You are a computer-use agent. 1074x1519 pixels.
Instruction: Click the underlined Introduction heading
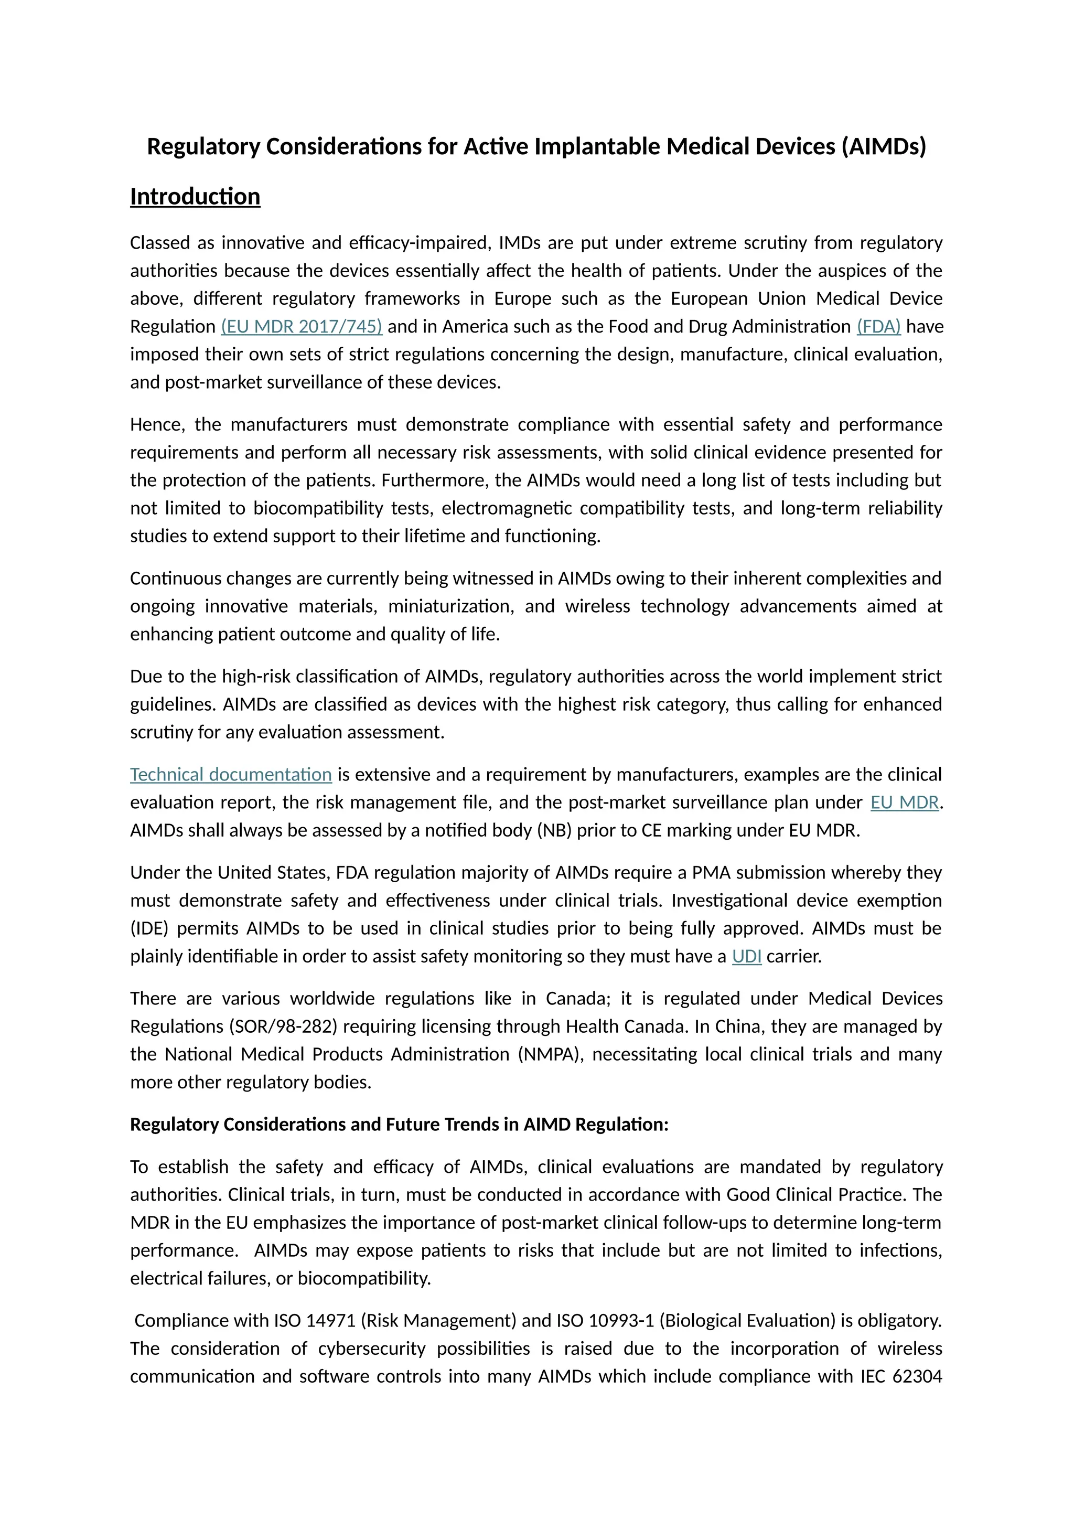click(x=195, y=197)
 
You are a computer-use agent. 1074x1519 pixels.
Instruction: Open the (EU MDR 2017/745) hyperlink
click(x=302, y=326)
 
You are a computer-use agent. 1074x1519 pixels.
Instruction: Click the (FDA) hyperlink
click(x=878, y=326)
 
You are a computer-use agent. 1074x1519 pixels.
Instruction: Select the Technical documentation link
click(x=231, y=774)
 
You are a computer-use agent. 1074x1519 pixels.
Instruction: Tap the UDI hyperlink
click(x=747, y=956)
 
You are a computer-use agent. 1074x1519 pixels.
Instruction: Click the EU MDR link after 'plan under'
click(x=904, y=802)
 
